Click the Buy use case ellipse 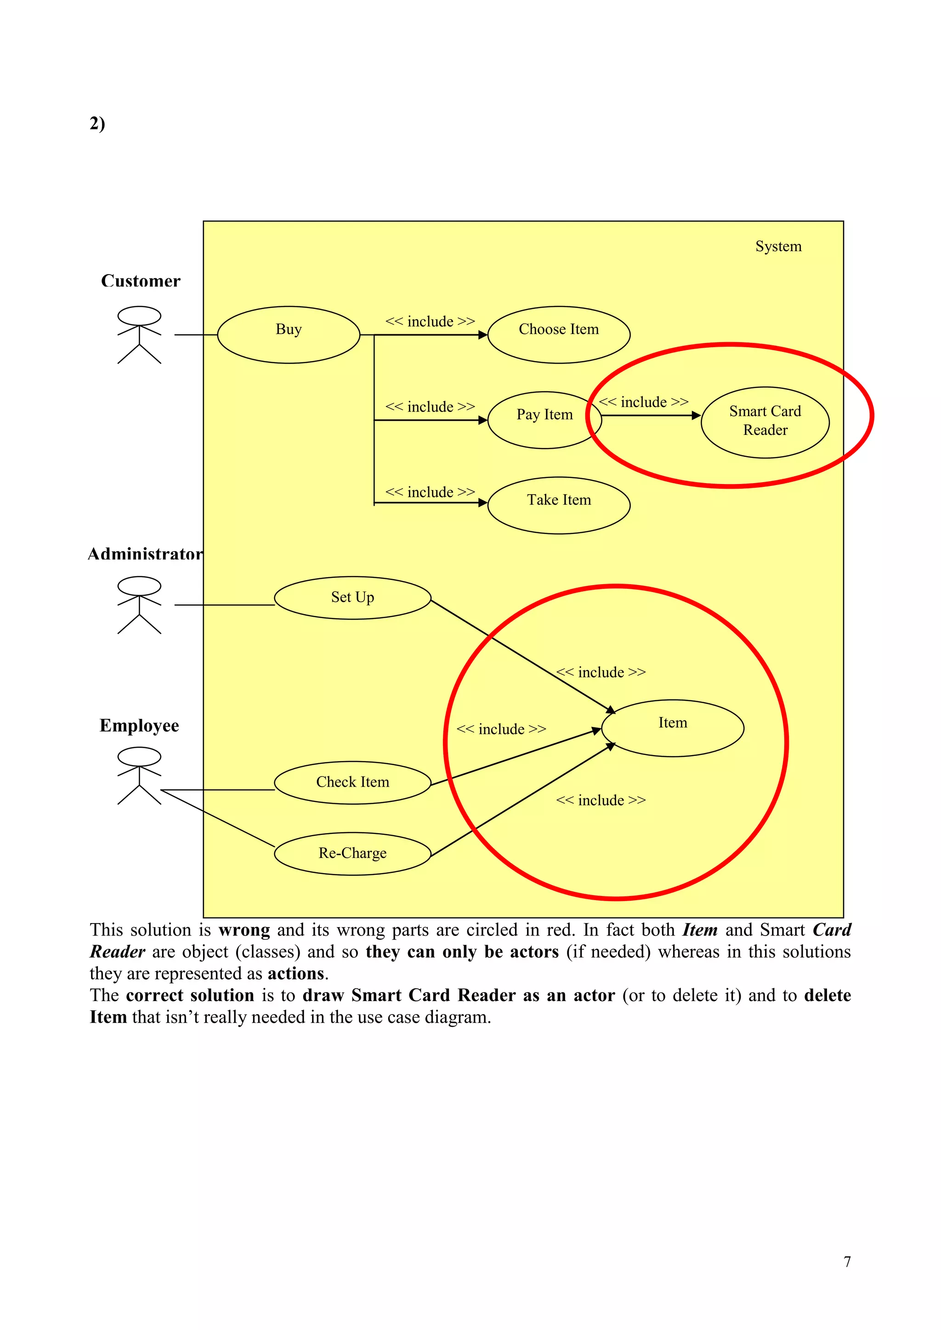click(289, 335)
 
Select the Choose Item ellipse click(559, 335)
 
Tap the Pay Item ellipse click(544, 420)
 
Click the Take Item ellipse click(559, 505)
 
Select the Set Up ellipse click(352, 598)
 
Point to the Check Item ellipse click(352, 783)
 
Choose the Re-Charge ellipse click(352, 854)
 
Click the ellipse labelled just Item click(672, 728)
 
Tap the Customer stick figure click(139, 335)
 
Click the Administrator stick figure click(139, 605)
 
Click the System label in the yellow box click(778, 246)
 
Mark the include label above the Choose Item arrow click(430, 321)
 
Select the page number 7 click(847, 1262)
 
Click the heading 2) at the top click(97, 124)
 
